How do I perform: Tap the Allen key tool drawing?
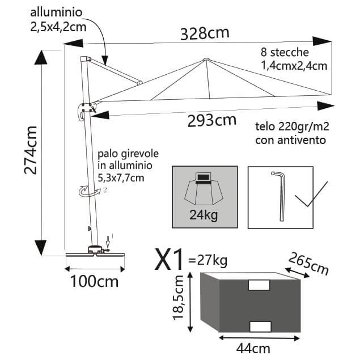278,196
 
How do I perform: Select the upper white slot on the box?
258,286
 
